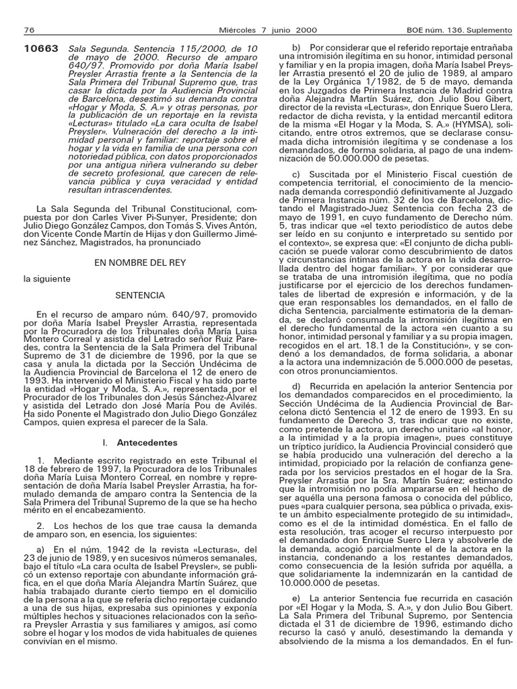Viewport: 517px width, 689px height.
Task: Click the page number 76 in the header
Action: click(29, 30)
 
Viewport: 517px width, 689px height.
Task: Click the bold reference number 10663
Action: click(41, 49)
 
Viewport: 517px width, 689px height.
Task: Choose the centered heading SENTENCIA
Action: click(140, 295)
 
